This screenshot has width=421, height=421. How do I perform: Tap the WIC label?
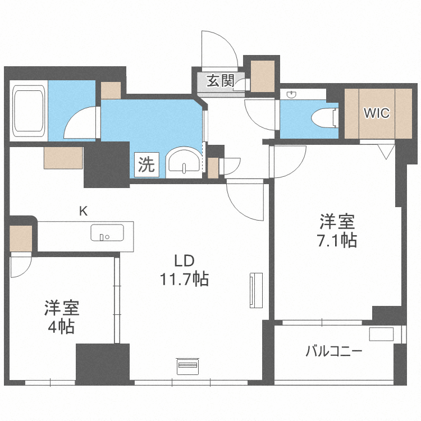376,113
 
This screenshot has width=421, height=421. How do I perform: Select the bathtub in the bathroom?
29,112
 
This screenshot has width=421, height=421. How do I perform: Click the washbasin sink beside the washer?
183,162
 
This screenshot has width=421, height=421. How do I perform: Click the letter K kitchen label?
83,211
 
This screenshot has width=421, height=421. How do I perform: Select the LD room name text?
184,260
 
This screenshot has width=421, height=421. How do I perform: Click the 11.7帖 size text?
185,279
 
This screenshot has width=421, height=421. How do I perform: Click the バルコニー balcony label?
334,352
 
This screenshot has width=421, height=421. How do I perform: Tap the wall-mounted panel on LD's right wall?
256,290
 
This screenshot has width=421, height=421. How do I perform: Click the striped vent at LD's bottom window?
187,367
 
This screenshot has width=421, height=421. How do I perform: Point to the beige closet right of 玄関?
262,74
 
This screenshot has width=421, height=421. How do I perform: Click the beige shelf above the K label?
63,157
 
